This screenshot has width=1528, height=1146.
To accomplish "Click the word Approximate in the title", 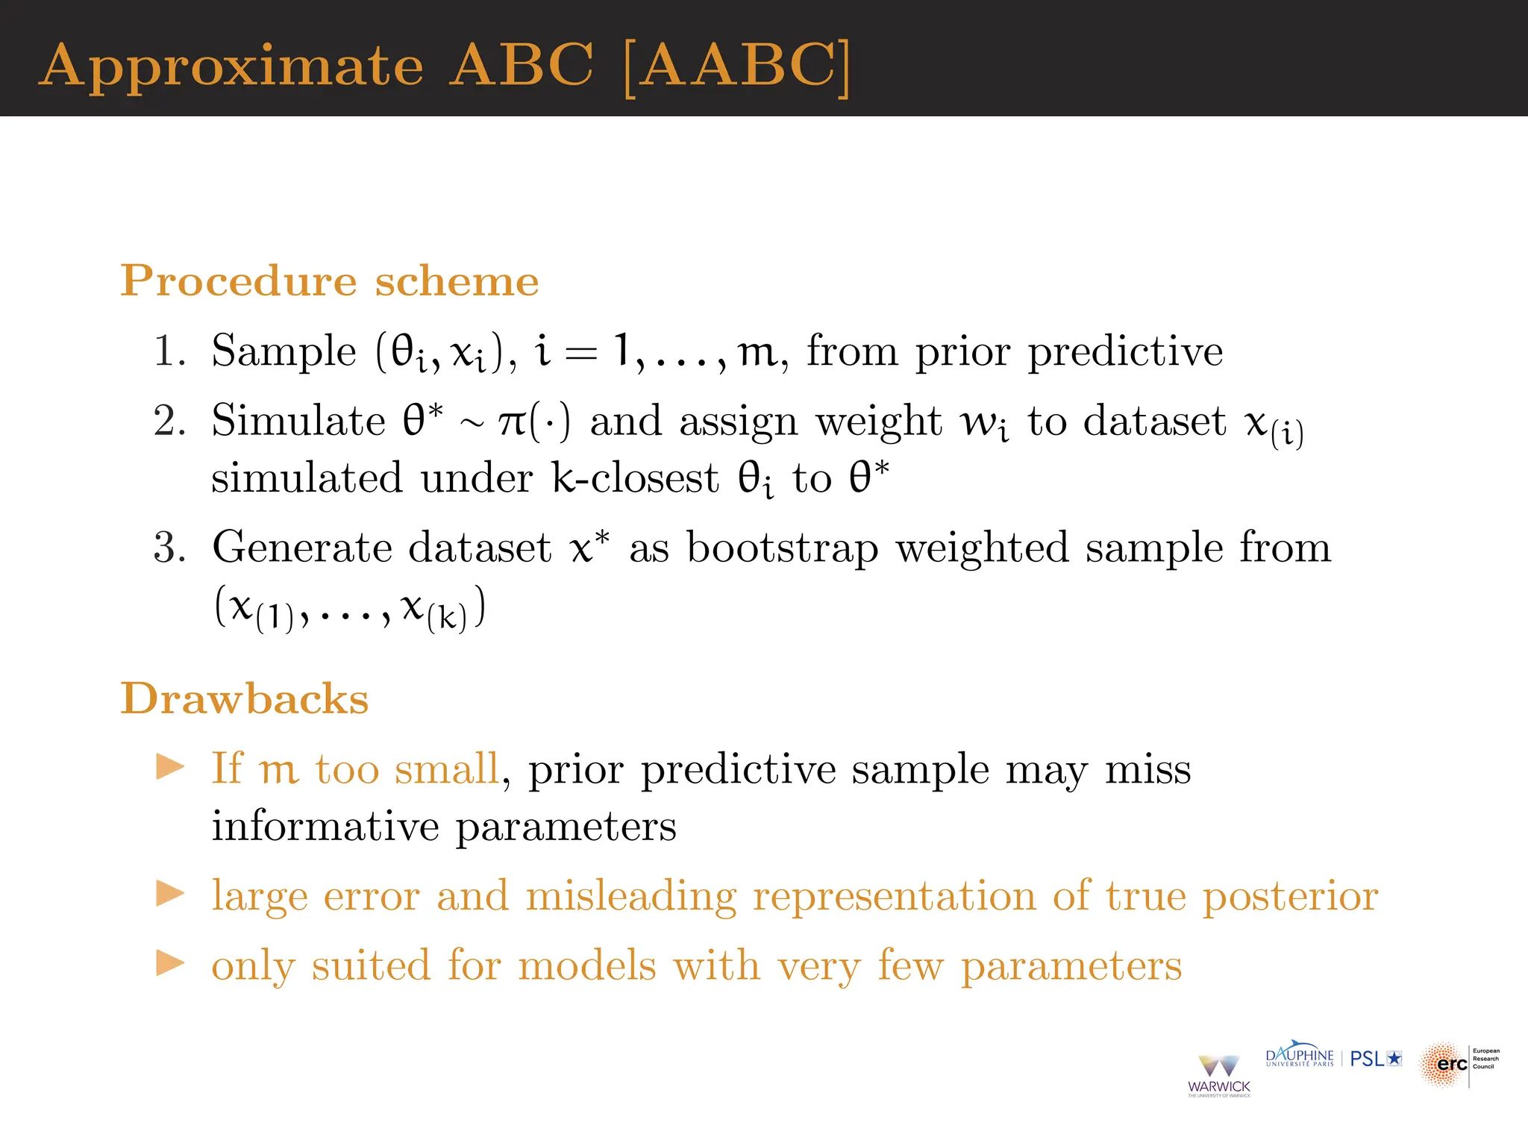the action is (x=231, y=67).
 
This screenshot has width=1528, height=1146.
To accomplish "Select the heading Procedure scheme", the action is (x=329, y=281).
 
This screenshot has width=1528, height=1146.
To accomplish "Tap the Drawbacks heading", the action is (x=245, y=699).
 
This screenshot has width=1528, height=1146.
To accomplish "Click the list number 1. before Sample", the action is (x=169, y=351).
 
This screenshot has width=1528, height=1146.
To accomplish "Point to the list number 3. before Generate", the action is (x=169, y=548).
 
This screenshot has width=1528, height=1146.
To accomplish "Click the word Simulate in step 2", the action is (x=298, y=421).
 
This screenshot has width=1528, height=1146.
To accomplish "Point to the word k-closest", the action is (x=635, y=478).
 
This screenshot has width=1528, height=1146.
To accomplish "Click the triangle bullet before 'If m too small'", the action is (x=170, y=767).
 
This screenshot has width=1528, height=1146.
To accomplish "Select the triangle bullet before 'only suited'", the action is (x=170, y=963).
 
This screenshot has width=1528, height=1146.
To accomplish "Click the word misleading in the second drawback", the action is (x=630, y=895).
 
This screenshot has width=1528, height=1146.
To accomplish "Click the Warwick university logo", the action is (x=1218, y=1075).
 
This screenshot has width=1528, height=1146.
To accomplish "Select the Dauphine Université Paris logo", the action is (x=1299, y=1057).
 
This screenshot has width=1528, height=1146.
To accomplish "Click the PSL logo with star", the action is (x=1376, y=1059).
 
